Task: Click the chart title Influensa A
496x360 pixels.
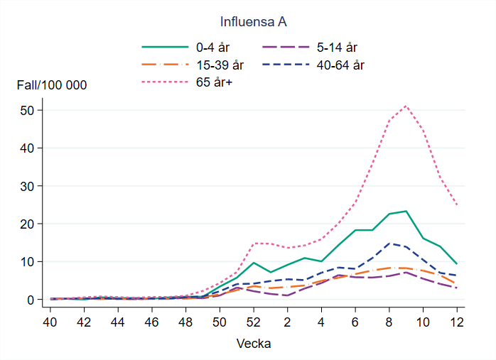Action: [x=253, y=22]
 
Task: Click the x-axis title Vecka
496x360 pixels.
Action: [x=253, y=343]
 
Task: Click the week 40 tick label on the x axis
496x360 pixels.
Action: [x=50, y=321]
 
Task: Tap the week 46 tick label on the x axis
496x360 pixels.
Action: [x=151, y=321]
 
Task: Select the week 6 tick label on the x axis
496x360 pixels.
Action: [x=355, y=321]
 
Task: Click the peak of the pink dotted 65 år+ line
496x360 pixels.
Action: [x=406, y=106]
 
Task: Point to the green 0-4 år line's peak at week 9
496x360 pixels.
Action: [x=406, y=211]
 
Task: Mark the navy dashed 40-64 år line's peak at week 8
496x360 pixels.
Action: [x=389, y=243]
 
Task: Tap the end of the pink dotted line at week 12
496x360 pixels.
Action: [x=456, y=204]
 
